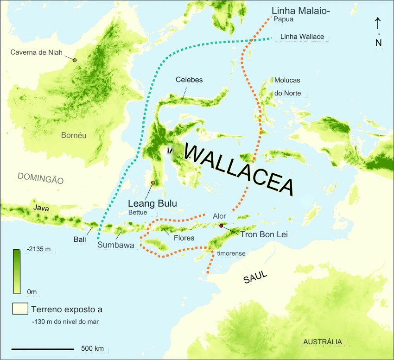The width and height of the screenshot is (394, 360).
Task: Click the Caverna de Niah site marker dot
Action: (x=74, y=60)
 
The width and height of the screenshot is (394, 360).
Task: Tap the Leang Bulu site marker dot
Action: (x=153, y=183)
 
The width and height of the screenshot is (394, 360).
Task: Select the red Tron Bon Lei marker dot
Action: (x=221, y=226)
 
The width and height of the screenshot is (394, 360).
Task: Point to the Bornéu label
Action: (x=74, y=135)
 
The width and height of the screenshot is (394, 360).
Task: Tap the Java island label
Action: (x=41, y=208)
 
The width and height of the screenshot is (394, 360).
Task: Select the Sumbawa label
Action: (x=116, y=245)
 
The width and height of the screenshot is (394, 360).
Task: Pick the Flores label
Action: (x=184, y=238)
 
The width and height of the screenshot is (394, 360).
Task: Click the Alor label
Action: (x=220, y=216)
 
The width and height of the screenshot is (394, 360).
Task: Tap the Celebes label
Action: (x=189, y=80)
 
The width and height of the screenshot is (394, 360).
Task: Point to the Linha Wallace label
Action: (x=302, y=37)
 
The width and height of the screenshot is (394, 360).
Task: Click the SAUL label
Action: (x=255, y=277)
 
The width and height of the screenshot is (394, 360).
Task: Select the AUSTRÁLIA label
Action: (x=323, y=342)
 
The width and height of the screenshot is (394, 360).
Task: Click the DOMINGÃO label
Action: (x=40, y=178)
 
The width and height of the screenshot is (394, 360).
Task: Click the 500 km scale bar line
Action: (x=42, y=348)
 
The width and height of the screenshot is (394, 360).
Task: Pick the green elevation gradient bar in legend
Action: (x=16, y=271)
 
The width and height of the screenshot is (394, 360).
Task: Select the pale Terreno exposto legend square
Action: (x=19, y=309)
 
